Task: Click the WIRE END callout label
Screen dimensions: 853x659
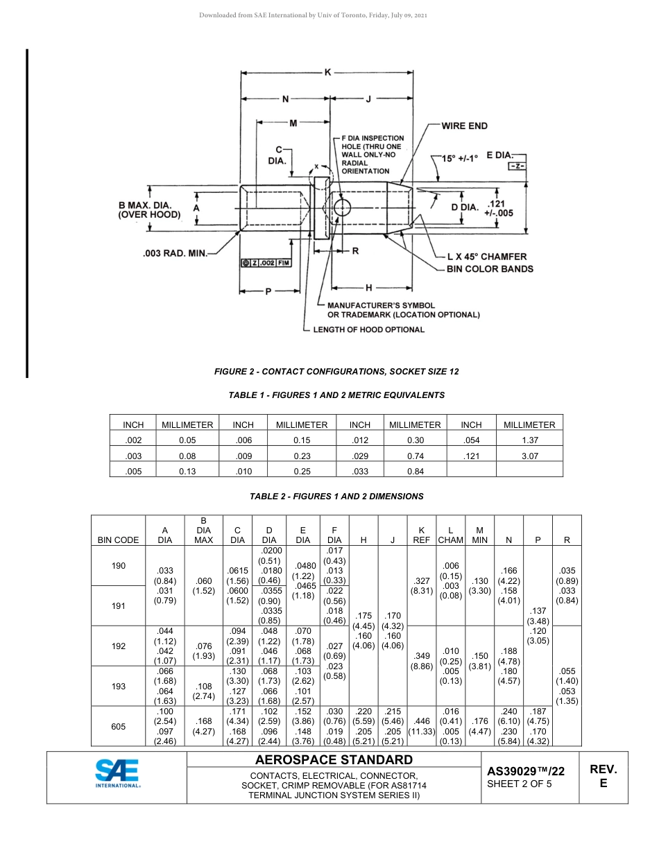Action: pos(464,126)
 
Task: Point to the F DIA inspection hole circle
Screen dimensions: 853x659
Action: pos(342,208)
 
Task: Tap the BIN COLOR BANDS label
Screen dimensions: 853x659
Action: pos(489,268)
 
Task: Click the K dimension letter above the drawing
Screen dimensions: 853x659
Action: pos(327,72)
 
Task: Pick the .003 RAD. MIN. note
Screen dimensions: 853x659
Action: pos(175,253)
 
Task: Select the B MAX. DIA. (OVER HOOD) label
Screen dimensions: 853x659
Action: pos(149,210)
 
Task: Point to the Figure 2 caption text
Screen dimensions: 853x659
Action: pos(336,372)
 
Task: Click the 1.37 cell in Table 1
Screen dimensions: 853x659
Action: pos(529,440)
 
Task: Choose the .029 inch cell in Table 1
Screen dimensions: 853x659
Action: pos(359,456)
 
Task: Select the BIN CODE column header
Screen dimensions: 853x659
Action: pos(118,540)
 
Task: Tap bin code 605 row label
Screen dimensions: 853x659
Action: pos(119,726)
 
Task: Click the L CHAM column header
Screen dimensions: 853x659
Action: pos(451,535)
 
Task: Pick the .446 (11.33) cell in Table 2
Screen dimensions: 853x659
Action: pos(422,726)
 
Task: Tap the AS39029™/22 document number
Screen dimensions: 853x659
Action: pos(525,770)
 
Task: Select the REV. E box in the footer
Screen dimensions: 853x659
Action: pos(603,776)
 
